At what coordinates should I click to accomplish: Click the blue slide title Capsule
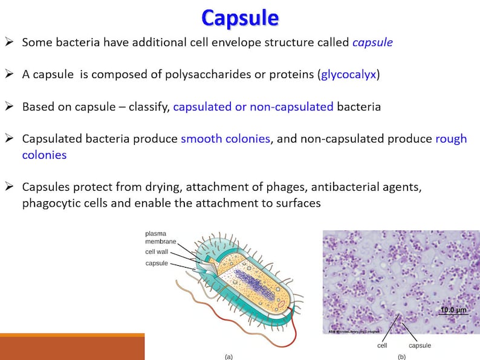point(240,18)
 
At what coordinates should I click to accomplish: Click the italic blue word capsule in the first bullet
point(372,42)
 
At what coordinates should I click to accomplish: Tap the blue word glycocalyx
point(348,75)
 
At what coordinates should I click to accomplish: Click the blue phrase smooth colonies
point(225,139)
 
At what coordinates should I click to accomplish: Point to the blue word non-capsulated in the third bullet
point(291,107)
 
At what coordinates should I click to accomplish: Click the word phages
point(287,187)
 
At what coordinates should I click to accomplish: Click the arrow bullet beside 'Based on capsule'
point(9,106)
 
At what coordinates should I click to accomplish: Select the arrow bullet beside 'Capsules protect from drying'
point(9,186)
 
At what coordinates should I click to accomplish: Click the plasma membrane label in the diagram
point(160,237)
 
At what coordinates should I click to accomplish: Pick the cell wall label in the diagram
point(157,252)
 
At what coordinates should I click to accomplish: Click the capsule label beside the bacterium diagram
point(157,263)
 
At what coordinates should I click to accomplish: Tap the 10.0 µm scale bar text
point(453,310)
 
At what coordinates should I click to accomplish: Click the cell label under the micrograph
point(382,346)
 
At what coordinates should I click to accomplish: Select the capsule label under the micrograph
point(420,346)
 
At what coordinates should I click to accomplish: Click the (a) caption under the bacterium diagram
point(229,357)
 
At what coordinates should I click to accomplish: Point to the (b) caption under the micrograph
point(401,357)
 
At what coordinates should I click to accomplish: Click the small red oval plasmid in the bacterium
point(281,304)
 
